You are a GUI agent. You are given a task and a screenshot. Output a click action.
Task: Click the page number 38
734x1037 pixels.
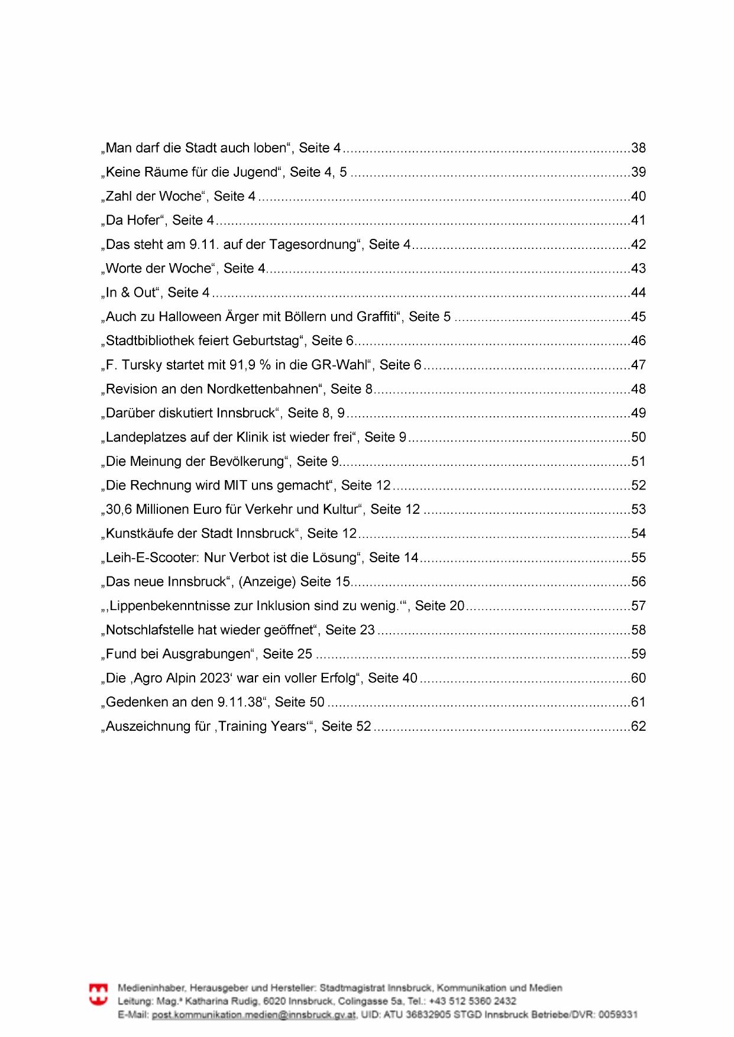[x=638, y=148]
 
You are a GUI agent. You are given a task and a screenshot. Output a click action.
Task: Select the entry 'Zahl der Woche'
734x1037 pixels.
[x=156, y=196]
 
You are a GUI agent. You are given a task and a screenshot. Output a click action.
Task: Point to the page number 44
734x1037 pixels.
[x=638, y=293]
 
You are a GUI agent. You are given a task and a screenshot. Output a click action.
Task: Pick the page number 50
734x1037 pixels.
[x=638, y=438]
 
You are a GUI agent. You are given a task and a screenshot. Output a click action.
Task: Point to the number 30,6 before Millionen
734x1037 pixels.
[x=119, y=510]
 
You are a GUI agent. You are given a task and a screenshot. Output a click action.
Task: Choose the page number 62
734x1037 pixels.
[x=638, y=727]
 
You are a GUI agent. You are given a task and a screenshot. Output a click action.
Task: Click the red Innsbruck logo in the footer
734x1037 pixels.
[x=98, y=994]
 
